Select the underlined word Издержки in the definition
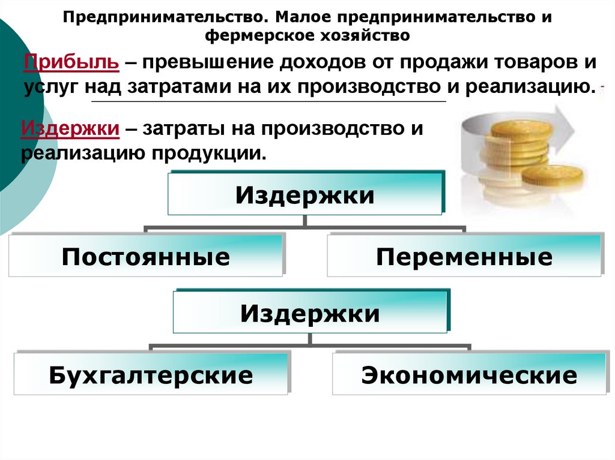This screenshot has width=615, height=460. pyautogui.click(x=68, y=128)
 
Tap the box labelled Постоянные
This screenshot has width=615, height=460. pyautogui.click(x=145, y=256)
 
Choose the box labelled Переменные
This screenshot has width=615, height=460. pyautogui.click(x=464, y=256)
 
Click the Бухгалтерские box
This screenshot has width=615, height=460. pyautogui.click(x=151, y=375)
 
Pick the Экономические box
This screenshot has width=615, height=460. pyautogui.click(x=469, y=375)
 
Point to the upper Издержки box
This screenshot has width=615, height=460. pyautogui.click(x=304, y=194)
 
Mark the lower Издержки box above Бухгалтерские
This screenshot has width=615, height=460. pyautogui.click(x=310, y=312)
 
